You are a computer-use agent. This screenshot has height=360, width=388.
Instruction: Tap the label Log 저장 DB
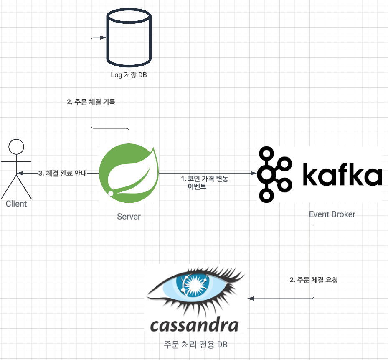(x=128, y=75)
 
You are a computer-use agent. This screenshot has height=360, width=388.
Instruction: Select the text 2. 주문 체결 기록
(x=91, y=102)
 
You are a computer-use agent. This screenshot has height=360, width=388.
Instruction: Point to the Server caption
(x=129, y=217)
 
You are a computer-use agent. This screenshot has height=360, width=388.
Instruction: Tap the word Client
(x=16, y=204)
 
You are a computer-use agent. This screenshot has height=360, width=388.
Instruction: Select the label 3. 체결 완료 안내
(x=63, y=173)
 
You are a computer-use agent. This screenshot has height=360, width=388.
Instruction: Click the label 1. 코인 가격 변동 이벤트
(x=205, y=183)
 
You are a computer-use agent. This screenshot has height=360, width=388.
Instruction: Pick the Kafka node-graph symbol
(x=274, y=173)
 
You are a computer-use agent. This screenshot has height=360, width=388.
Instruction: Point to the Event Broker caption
(x=332, y=214)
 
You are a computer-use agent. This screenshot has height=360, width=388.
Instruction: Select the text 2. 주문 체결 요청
(x=314, y=280)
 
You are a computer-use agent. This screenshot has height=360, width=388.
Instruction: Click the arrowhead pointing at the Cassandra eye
(x=251, y=299)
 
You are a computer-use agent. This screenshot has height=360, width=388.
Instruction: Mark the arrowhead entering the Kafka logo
(x=253, y=173)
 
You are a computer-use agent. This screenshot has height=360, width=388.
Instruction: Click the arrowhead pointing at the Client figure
(x=20, y=173)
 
